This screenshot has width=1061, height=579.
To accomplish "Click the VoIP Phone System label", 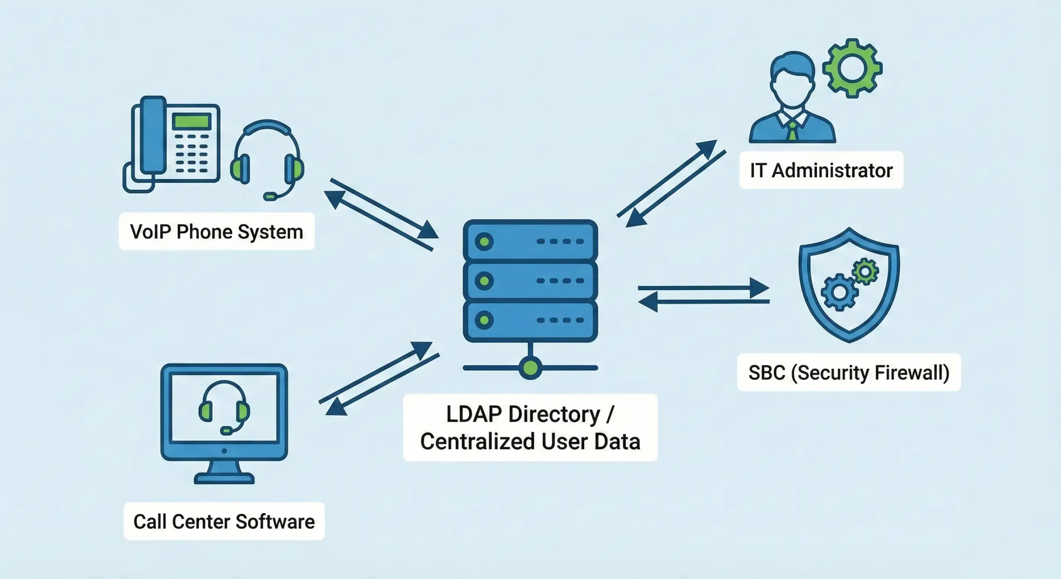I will coord(216,231).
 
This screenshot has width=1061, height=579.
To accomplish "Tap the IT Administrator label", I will coord(821,170).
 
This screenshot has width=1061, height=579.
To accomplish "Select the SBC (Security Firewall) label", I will coord(849,372).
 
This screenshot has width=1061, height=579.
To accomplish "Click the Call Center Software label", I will coord(224,521).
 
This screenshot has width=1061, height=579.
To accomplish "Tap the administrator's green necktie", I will coord(792,131).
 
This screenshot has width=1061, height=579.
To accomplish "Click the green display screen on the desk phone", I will coord(192,122).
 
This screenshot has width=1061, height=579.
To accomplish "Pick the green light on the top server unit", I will coord(484,241).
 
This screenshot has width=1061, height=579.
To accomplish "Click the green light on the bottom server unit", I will coord(484,320).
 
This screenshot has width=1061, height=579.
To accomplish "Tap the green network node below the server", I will coord(530,367).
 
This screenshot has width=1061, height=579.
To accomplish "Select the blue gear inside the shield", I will coord(839,292).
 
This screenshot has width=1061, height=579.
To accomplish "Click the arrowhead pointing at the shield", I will coord(761,288).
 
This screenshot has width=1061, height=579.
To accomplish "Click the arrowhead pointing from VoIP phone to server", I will coord(427,231).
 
